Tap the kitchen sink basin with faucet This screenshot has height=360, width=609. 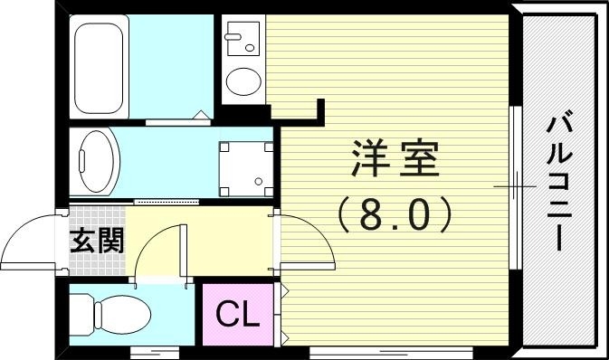point(242,39)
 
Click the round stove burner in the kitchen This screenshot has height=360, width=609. point(242,82)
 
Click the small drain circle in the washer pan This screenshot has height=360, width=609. point(259,181)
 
